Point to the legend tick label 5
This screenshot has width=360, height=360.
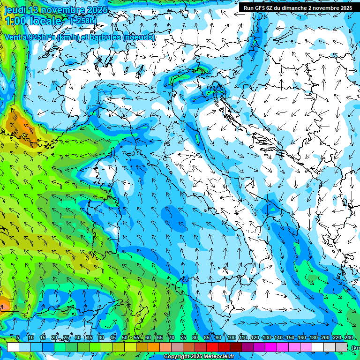18,338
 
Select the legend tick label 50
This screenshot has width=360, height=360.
124,338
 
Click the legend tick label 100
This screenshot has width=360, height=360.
231,338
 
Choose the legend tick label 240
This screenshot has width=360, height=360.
348,338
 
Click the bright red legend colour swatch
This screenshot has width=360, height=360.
212,347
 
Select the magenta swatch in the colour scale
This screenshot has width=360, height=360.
271,347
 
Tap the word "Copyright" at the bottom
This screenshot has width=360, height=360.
177,357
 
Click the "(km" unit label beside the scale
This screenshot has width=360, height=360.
355,348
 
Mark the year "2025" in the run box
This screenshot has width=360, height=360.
346,8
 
